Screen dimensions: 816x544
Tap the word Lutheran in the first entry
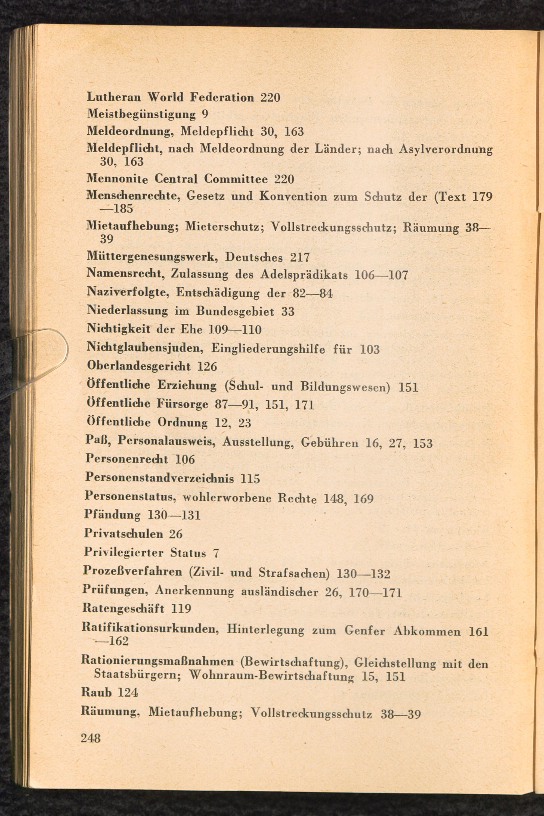[114, 97]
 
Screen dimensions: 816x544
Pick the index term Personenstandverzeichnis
[160, 478]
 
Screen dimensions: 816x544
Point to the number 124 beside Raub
[128, 693]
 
